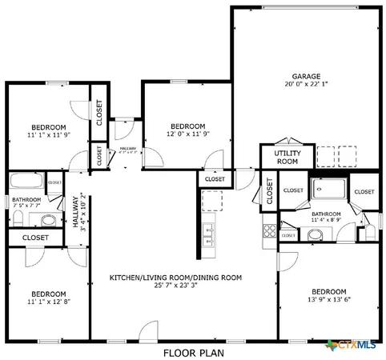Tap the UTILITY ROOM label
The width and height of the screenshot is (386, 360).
(x=286, y=157)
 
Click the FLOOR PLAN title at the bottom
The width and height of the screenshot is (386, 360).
(x=193, y=351)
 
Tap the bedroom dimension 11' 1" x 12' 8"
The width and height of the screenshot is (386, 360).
(x=49, y=303)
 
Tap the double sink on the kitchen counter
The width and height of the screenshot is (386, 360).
(x=211, y=236)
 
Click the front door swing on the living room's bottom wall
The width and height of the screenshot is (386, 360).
(x=148, y=330)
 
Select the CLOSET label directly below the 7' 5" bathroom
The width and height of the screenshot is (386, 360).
(x=34, y=238)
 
